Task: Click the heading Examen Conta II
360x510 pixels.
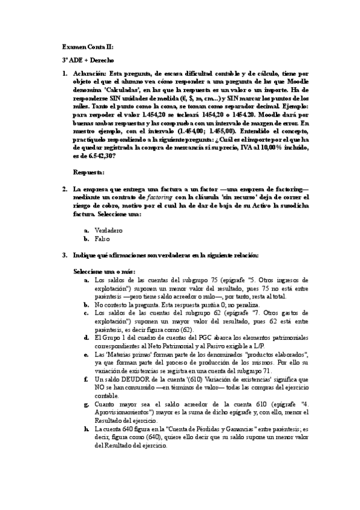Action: click(88, 46)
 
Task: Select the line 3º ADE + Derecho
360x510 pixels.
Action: click(88, 60)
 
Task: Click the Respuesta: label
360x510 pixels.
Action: click(88, 173)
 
